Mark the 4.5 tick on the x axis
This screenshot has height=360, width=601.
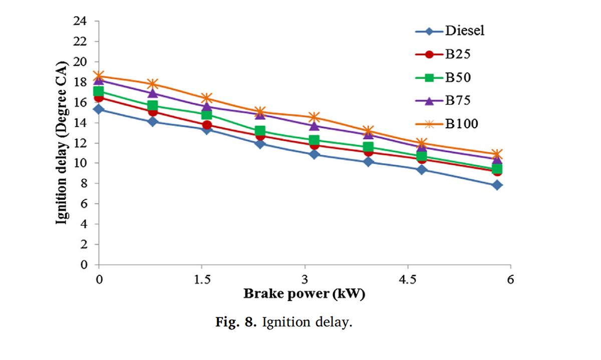[x=407, y=279]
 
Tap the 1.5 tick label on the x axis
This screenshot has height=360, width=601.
[x=201, y=279]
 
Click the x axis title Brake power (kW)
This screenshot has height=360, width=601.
[x=304, y=294]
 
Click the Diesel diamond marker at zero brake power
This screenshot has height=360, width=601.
[x=99, y=109]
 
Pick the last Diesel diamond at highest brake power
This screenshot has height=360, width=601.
[x=497, y=185]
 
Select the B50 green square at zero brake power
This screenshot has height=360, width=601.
[x=99, y=91]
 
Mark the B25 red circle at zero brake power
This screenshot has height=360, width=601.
[x=99, y=97]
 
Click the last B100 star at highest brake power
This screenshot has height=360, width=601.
[x=497, y=154]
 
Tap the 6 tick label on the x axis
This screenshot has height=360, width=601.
[x=510, y=279]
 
